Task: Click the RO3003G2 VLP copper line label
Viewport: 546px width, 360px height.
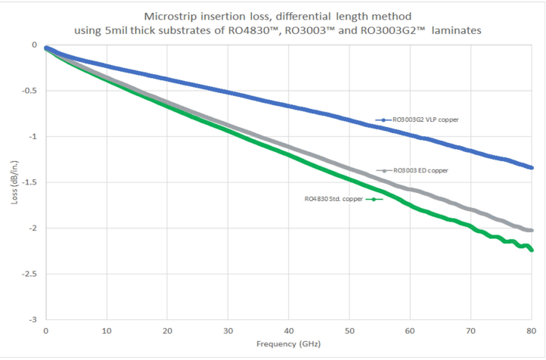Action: (427, 120)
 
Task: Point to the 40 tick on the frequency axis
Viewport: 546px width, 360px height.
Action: (289, 331)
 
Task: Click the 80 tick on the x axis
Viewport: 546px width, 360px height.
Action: (532, 331)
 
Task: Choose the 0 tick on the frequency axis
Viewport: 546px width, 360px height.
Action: (46, 331)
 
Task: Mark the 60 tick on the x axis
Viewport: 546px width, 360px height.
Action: (410, 331)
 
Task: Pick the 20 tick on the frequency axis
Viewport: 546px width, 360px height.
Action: (167, 331)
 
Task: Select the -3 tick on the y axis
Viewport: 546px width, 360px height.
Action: (34, 320)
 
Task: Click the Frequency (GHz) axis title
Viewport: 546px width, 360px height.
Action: (288, 345)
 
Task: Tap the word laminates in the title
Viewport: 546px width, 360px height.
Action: (453, 31)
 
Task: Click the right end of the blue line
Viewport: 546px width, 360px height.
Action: (532, 167)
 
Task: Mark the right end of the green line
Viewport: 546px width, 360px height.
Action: (532, 250)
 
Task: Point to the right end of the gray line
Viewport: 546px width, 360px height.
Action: (532, 230)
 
